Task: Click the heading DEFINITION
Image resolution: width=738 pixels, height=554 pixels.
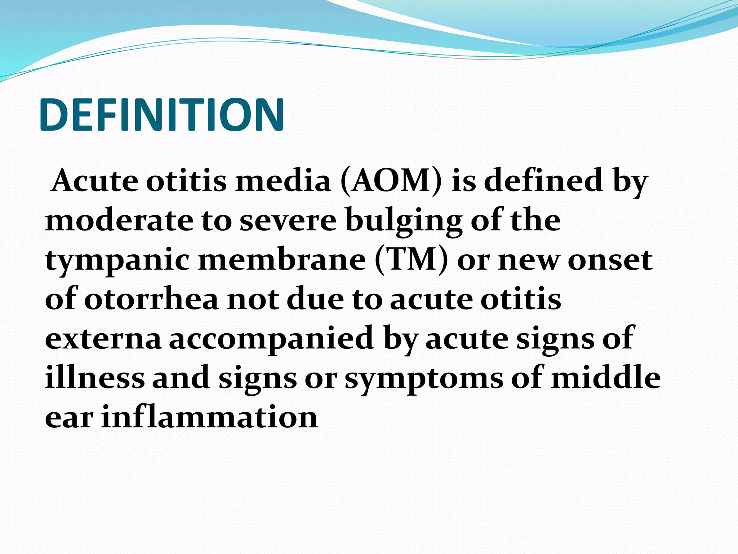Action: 162,115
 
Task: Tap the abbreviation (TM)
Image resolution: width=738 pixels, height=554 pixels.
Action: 412,260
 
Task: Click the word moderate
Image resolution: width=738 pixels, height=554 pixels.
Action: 119,220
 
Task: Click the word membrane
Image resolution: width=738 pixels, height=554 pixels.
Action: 282,260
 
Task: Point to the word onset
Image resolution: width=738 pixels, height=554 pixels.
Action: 610,261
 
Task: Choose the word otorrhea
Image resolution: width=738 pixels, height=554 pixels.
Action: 151,299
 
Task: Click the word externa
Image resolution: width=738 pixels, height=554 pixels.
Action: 103,339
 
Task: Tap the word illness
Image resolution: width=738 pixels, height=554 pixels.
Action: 95,378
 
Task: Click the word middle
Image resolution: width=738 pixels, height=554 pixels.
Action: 606,378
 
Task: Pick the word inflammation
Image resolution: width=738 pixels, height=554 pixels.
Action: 209,417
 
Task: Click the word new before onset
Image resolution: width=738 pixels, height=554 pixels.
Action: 528,261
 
